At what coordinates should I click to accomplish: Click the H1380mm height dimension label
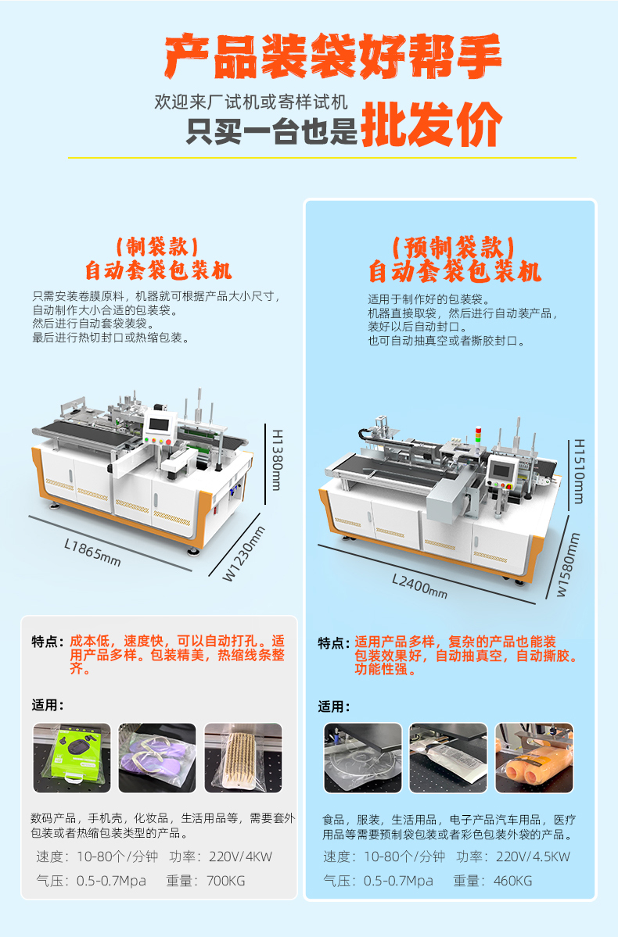click(277, 460)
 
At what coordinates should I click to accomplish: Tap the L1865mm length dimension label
click(93, 553)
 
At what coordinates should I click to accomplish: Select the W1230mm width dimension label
click(244, 553)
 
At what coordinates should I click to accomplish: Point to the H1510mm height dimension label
click(579, 471)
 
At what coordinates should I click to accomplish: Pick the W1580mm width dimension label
click(569, 565)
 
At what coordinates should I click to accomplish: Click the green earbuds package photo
click(72, 758)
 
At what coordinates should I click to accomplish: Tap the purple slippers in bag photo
click(157, 758)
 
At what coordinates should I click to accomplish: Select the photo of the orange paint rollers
click(534, 758)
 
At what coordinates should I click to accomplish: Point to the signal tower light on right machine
click(478, 435)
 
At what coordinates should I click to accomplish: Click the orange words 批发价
click(431, 124)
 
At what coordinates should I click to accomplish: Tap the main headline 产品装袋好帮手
click(332, 56)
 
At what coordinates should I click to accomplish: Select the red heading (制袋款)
click(158, 246)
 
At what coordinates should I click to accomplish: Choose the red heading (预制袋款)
click(454, 248)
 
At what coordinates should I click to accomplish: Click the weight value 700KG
click(226, 881)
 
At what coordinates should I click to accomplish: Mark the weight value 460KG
click(512, 881)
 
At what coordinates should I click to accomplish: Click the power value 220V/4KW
click(240, 857)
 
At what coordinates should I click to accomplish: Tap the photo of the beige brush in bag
click(243, 758)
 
